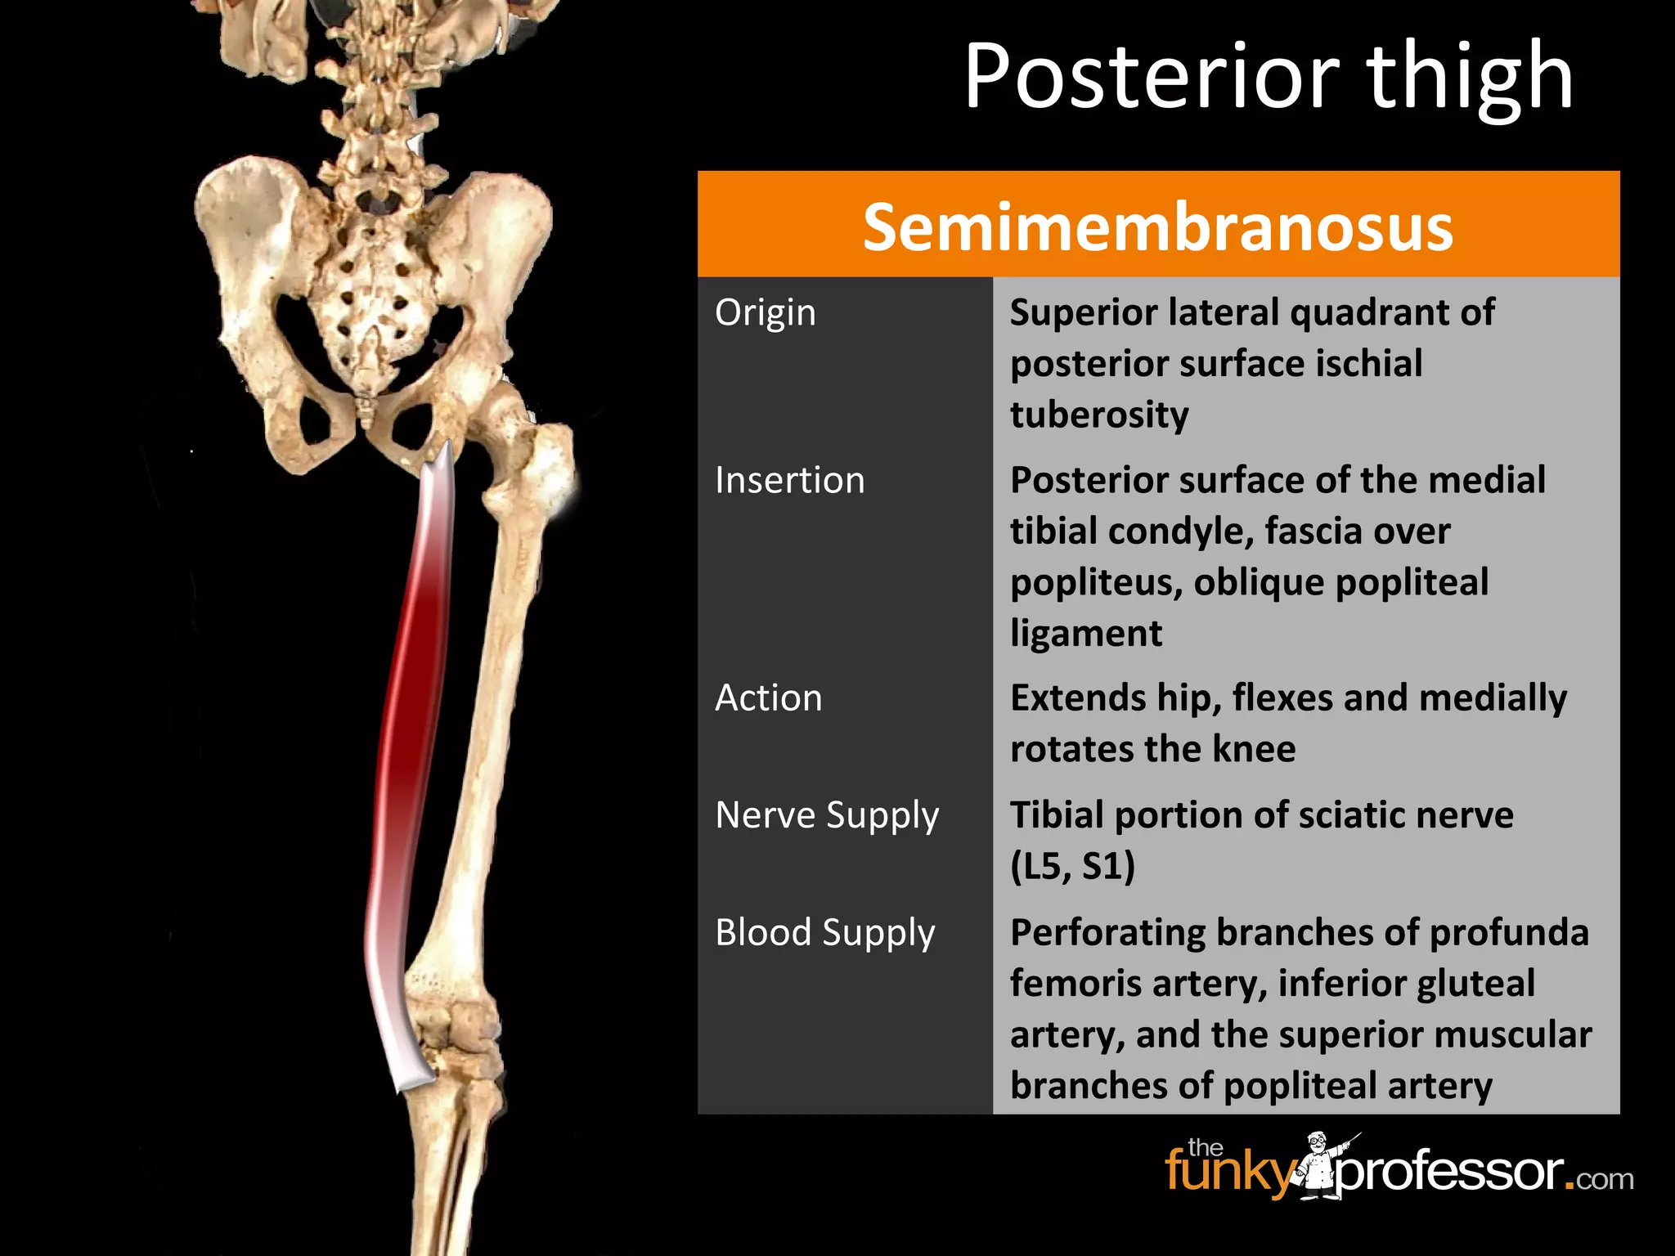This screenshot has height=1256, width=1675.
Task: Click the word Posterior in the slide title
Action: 1152,78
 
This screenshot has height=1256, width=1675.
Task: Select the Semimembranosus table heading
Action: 1157,227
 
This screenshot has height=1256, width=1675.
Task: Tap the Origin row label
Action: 765,312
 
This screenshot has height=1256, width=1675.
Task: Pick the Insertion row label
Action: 789,480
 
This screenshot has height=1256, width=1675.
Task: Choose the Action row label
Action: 768,698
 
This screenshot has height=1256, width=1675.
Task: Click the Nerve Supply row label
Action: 826,815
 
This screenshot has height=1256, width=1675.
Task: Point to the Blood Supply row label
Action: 824,932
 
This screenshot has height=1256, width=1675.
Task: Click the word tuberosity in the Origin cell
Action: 1098,415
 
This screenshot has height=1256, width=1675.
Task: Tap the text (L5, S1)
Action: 1072,866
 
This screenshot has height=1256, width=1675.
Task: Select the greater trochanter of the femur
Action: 550,466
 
